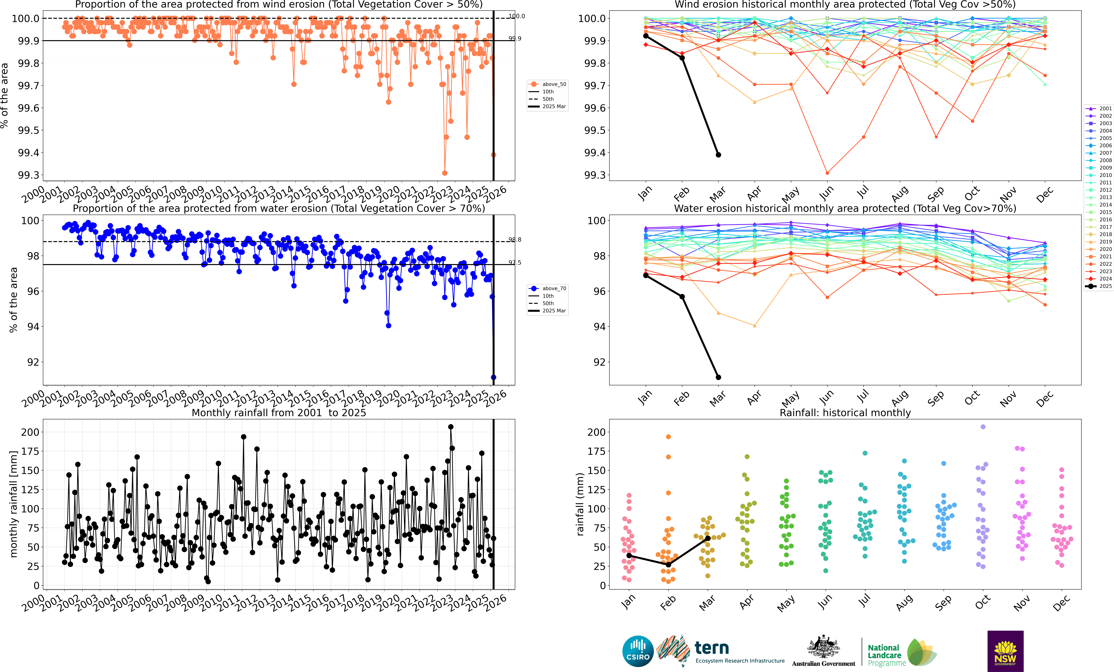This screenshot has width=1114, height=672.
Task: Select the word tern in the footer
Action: [x=712, y=648]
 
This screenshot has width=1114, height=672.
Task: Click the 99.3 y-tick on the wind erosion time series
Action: [x=28, y=175]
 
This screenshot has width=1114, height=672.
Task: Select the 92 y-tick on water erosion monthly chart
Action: [x=599, y=362]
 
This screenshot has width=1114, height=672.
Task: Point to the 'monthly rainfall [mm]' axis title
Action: [x=14, y=504]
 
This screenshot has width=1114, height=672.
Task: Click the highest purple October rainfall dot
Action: [x=983, y=427]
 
